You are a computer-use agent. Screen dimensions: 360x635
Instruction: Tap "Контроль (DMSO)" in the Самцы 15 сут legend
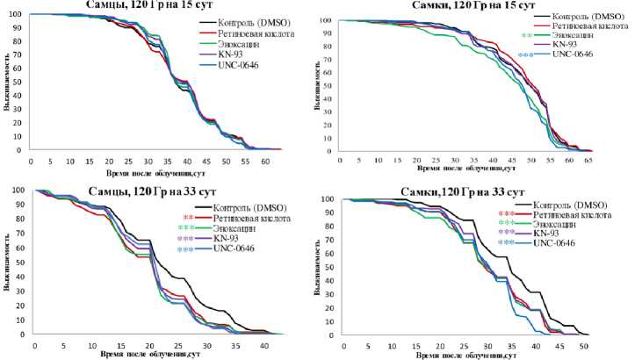260,21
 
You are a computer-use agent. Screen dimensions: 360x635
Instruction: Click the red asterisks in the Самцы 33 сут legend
188,217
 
